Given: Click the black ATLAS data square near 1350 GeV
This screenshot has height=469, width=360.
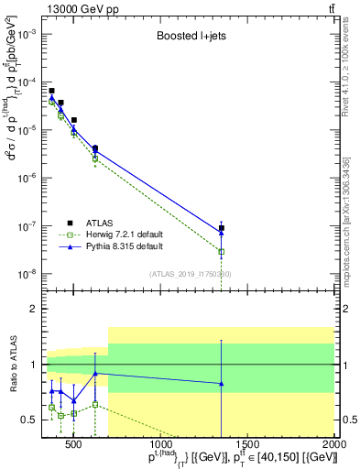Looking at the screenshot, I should [221, 228].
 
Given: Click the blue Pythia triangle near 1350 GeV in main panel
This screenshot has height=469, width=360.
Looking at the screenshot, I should [221, 233].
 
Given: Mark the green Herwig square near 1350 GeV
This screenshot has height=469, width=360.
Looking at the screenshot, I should [221, 251].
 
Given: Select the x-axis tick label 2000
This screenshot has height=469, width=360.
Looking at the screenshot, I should [335, 446].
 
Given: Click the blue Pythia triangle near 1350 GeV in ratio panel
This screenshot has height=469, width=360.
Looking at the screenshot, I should [221, 384].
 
